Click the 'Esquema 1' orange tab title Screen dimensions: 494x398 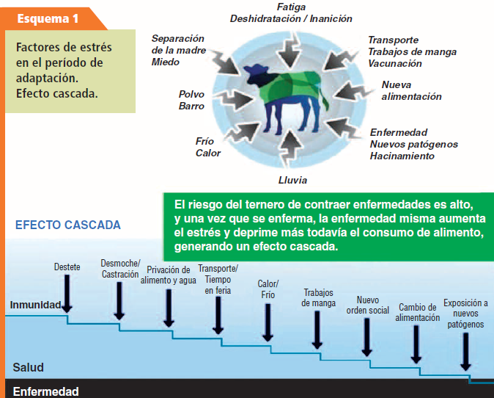pos(48,18)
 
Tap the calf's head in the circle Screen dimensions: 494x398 pos(256,73)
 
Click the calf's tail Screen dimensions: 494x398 pos(324,97)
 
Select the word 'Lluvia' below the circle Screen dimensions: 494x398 pos(292,180)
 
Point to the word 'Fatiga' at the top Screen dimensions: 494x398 pos(291,7)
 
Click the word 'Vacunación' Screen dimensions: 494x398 pos(395,63)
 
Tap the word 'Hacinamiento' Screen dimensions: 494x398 pos(402,156)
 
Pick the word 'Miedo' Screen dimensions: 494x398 pos(166,62)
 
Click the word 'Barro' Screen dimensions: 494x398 pos(191,106)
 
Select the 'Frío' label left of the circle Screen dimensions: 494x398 pos(204,141)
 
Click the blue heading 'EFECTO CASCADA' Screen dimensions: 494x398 pos(68,225)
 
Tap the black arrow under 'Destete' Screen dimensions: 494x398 pos(67,294)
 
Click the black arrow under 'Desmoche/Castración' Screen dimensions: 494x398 pos(119,301)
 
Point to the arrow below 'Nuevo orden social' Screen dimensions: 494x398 pos(366,337)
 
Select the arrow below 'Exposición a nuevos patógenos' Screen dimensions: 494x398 pos(465,352)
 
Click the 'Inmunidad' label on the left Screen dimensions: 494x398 pos(35,305)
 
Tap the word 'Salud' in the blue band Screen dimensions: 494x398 pos(28,367)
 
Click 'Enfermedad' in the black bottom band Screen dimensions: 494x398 pos(45,391)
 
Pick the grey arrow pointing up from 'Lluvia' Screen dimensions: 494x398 pos(290,148)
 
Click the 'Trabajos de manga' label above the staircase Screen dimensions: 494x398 pos(318,298)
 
